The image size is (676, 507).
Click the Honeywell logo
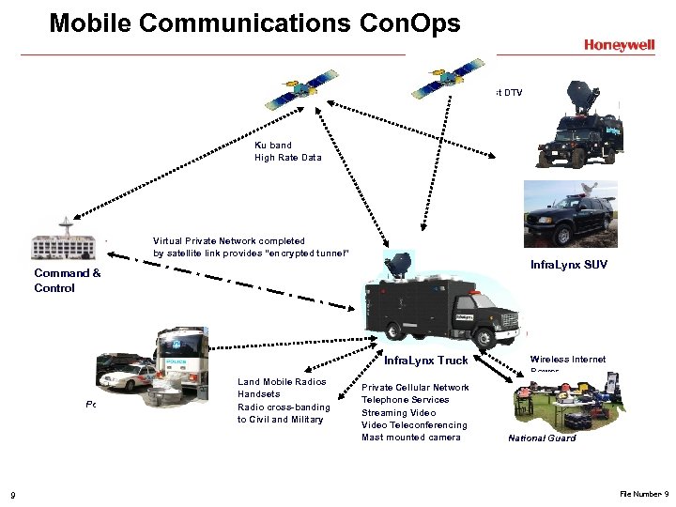point(619,44)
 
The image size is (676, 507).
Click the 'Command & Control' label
point(68,281)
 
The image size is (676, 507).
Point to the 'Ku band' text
point(273,146)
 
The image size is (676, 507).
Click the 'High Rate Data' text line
point(287,158)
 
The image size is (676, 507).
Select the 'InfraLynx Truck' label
point(425,361)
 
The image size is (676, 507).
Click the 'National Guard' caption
point(542,438)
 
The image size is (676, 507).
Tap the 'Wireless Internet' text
point(567,359)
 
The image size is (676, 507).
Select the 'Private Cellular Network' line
point(415,388)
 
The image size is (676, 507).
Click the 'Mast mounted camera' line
point(411,438)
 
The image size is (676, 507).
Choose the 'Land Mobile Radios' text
point(282,382)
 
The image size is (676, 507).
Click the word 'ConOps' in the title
point(410,23)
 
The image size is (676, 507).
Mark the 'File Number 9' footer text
point(643,494)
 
